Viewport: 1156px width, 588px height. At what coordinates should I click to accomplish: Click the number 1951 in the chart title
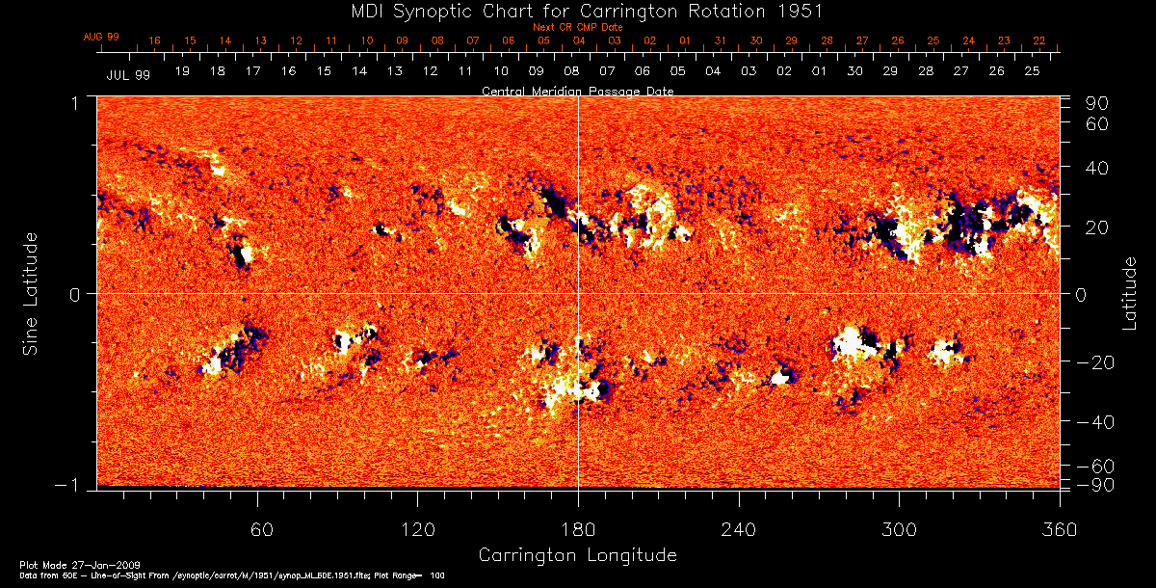[802, 11]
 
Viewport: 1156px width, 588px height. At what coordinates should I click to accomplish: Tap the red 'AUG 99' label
[101, 37]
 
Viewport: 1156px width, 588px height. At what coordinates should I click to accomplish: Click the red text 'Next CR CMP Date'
[578, 27]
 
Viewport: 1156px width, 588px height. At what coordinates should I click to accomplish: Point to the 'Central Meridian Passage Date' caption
[578, 91]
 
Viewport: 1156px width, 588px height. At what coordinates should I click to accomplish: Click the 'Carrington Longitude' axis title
[578, 555]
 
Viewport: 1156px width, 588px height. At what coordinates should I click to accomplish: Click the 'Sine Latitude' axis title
[31, 292]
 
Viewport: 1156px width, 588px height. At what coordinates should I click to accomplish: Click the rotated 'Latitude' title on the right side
[1129, 292]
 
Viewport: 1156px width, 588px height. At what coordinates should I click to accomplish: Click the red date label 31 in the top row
[721, 41]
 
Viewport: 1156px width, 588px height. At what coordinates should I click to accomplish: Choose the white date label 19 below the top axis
[182, 72]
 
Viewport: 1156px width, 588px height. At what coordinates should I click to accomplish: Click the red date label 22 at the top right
[1038, 41]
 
